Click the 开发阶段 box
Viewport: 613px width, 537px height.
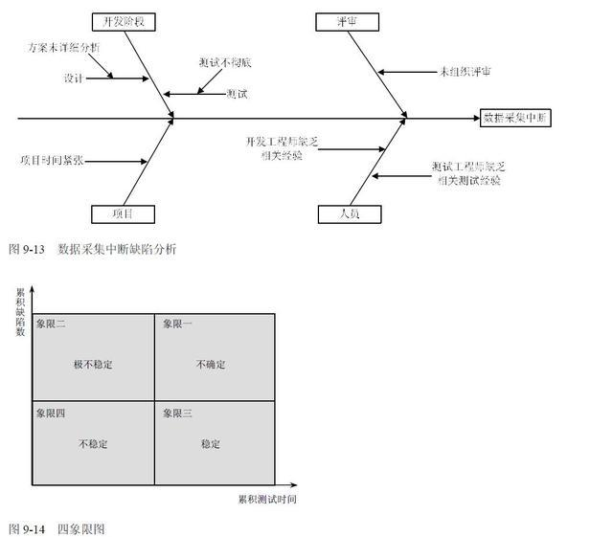[x=124, y=21]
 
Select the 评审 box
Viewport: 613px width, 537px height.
[x=346, y=21]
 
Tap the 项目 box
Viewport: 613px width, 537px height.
[x=123, y=213]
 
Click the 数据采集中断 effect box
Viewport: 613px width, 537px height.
[x=516, y=119]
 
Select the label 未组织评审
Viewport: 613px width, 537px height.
[x=465, y=71]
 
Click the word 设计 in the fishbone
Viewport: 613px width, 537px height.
[x=74, y=77]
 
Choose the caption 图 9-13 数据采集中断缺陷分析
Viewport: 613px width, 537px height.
[x=92, y=249]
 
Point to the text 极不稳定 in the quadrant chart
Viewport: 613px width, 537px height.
[x=92, y=365]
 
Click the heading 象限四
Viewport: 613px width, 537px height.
[x=51, y=414]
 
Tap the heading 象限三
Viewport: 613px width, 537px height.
[x=177, y=414]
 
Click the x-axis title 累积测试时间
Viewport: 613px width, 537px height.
[x=268, y=499]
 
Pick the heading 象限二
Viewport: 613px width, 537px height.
[x=51, y=324]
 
